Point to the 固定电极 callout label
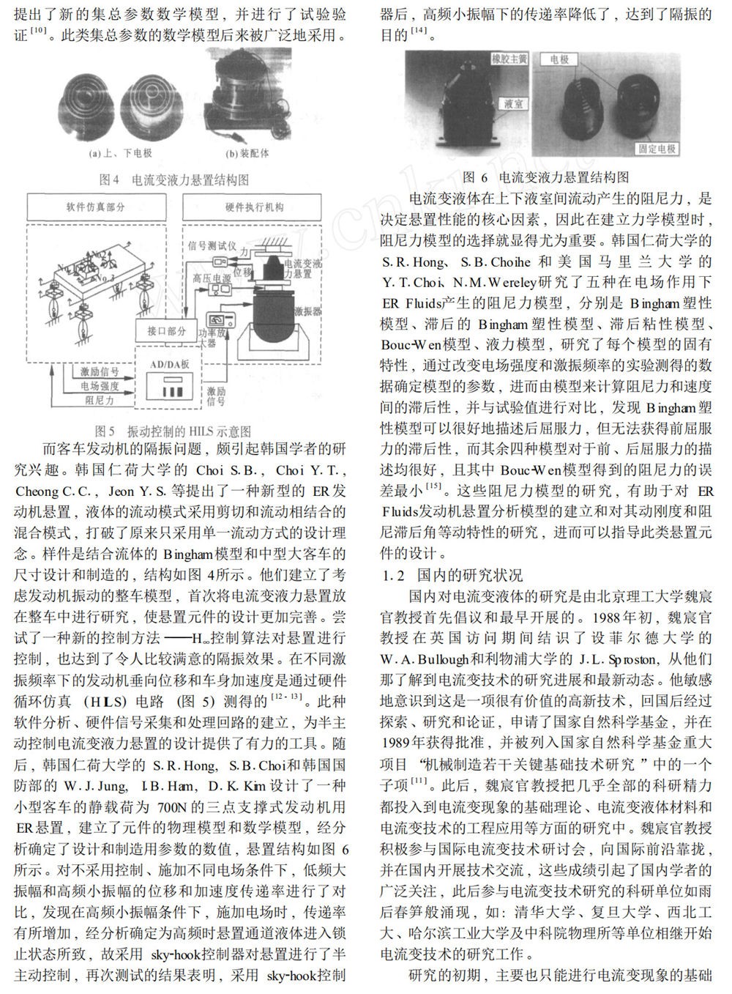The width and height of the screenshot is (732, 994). click(657, 149)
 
